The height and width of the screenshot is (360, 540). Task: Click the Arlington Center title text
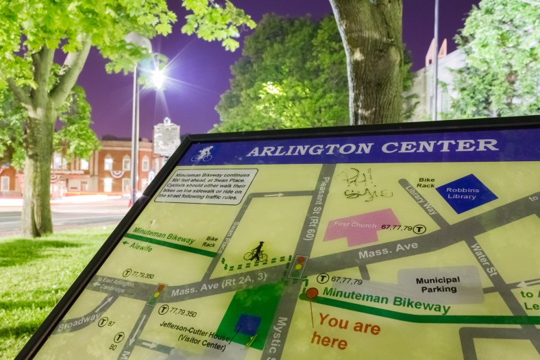tap(372, 147)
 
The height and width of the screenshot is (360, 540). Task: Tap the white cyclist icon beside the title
tap(203, 154)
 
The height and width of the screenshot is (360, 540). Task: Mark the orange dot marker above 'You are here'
tap(312, 293)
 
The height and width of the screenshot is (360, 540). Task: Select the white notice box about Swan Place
tap(206, 185)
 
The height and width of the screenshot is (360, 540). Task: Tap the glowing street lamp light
tap(157, 78)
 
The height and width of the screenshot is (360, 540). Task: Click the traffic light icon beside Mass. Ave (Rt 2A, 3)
tap(158, 295)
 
